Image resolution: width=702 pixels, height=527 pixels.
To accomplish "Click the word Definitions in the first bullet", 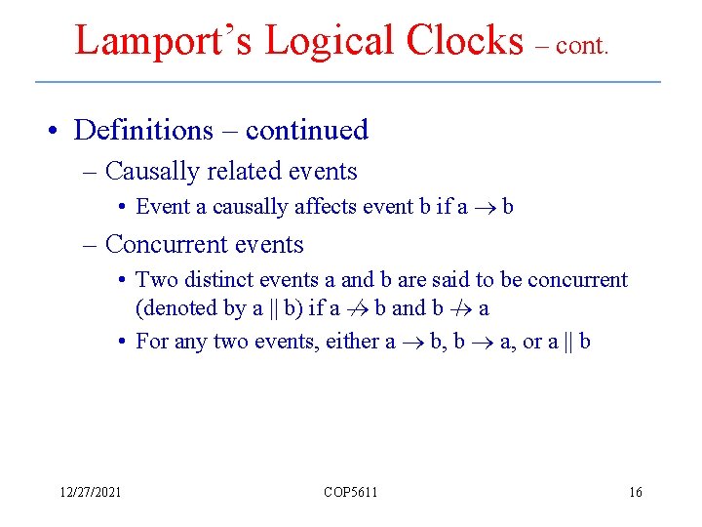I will [143, 130].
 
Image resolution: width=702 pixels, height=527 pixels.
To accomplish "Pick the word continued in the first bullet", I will [307, 130].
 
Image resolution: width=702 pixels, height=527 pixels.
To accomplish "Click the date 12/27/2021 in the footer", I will [88, 492].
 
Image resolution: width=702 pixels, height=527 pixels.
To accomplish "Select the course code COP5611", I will [351, 492].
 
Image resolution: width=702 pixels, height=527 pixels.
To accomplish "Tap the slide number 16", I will [635, 492].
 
